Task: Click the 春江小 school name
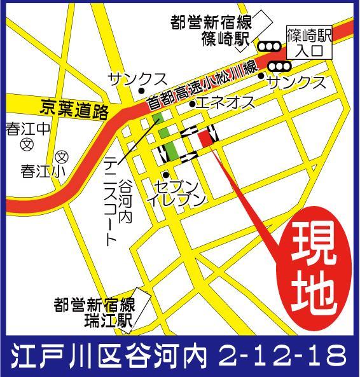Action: (38, 171)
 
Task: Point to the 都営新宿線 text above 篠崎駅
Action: (211, 22)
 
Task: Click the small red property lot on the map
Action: (206, 139)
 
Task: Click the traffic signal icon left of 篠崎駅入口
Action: (269, 46)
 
